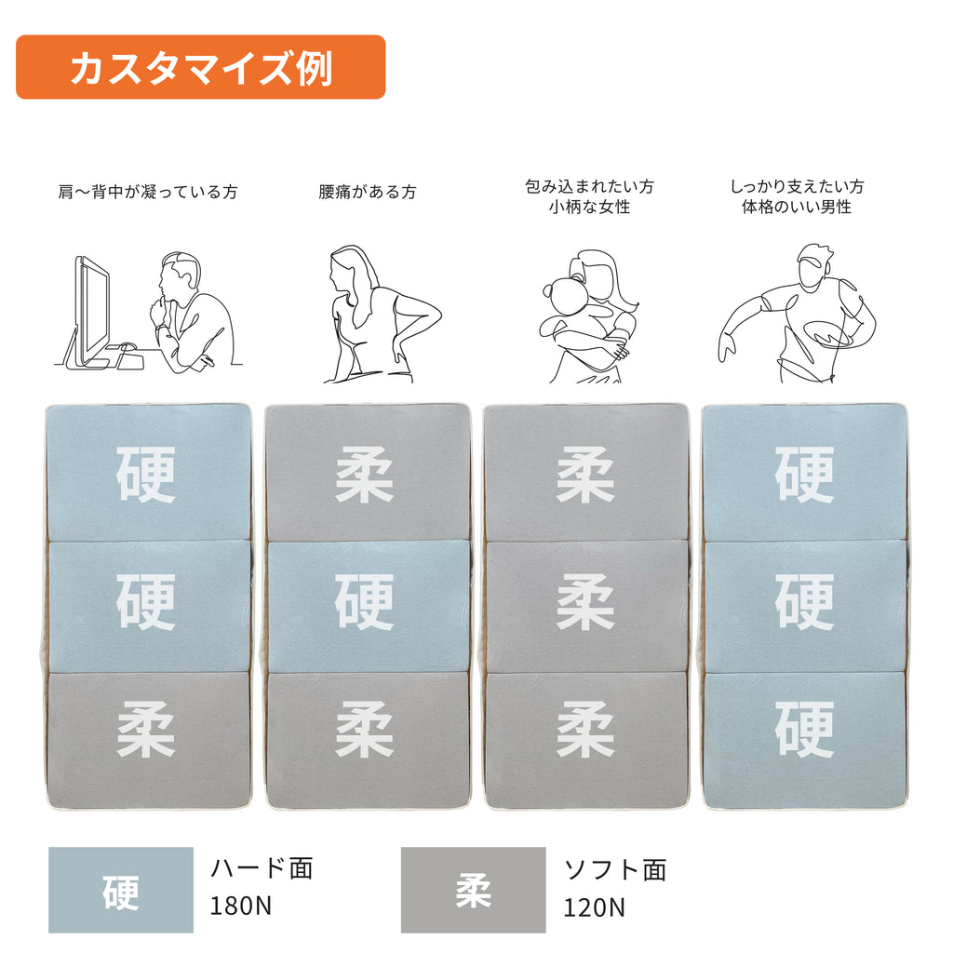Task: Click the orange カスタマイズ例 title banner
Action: tap(201, 67)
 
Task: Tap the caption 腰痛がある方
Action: tap(368, 192)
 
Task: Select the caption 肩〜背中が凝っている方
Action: tap(148, 192)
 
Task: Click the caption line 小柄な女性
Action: tap(589, 207)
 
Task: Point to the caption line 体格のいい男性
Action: tap(797, 207)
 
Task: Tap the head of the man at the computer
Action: tap(180, 276)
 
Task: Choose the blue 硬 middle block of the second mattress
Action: tap(368, 606)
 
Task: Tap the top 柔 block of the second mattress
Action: tap(368, 472)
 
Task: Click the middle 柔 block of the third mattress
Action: tap(586, 606)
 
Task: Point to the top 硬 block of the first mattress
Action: tap(149, 472)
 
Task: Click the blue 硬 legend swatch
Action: tap(121, 890)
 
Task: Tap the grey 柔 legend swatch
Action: tap(473, 890)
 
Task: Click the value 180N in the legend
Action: tap(241, 906)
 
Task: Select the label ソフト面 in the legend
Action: tap(615, 870)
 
